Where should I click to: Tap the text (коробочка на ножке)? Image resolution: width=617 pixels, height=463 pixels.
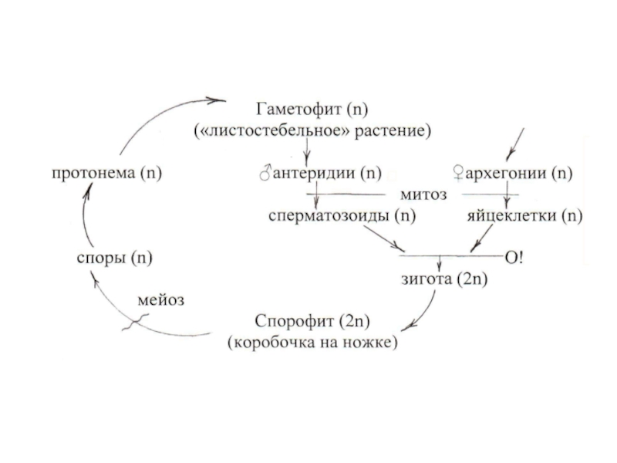pos(312,341)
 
